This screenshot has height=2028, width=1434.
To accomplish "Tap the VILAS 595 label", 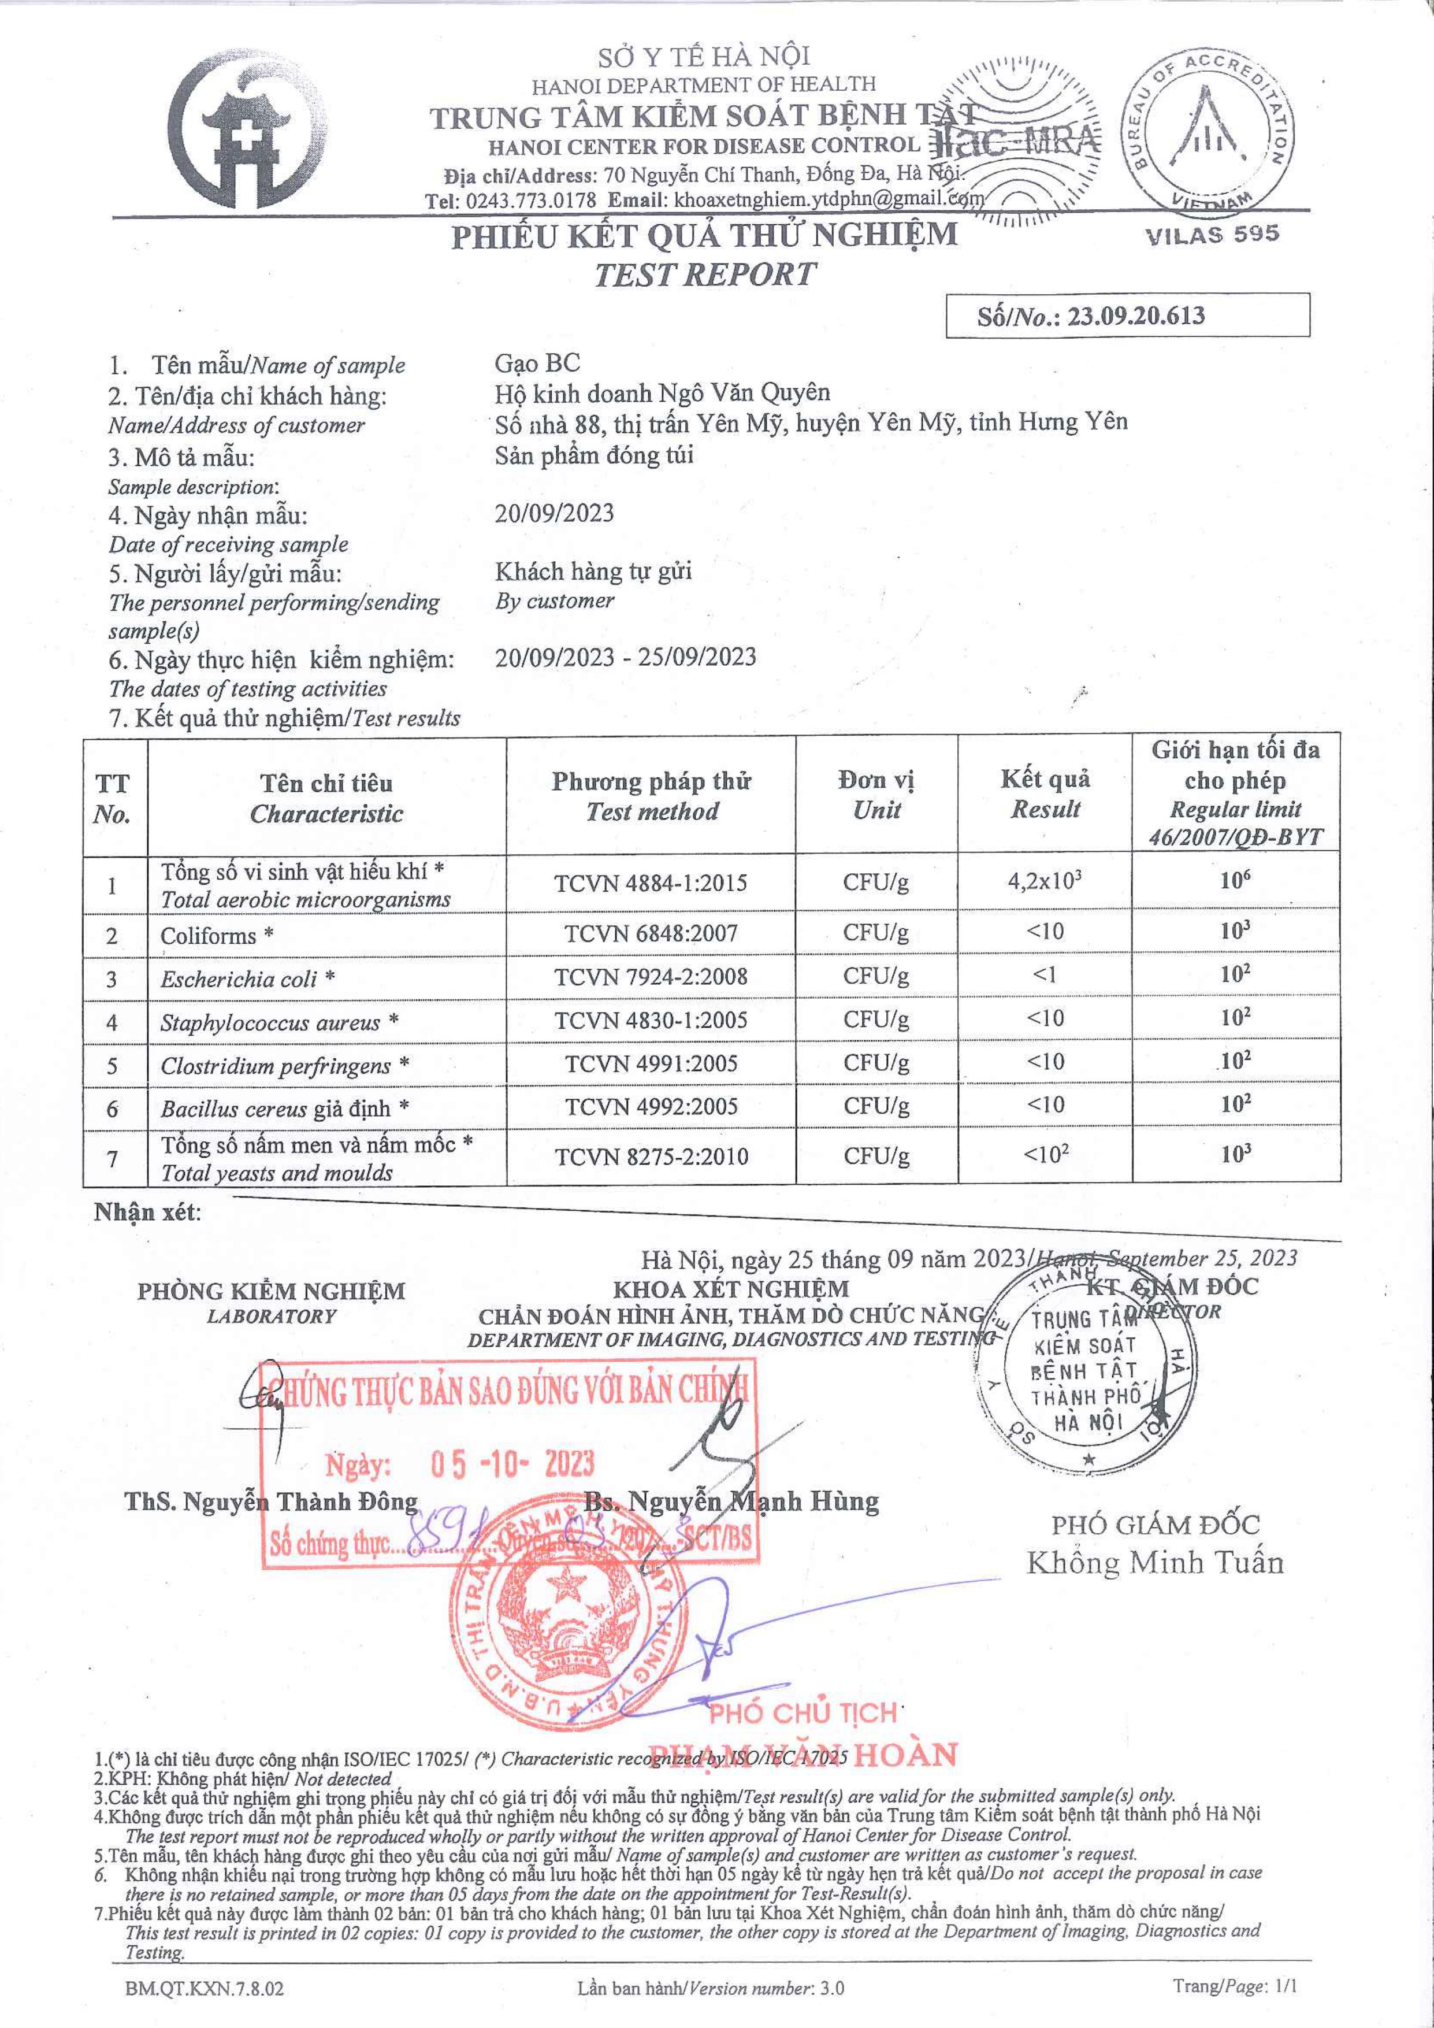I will coord(1212,235).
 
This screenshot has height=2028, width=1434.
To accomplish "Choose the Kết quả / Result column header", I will coord(1046,793).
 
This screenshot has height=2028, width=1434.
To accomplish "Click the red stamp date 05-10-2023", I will coord(512,1463).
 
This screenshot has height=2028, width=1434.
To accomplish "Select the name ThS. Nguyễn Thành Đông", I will coord(271,1501).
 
